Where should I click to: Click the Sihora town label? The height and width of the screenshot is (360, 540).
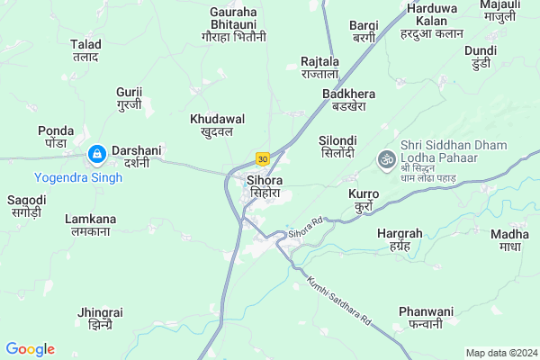click(266, 186)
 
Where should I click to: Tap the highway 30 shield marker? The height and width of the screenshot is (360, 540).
click(262, 158)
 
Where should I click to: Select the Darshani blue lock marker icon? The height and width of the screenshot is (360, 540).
click(96, 156)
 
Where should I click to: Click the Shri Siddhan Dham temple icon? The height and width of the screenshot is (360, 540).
click(386, 157)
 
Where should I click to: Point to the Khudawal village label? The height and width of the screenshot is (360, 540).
click(217, 124)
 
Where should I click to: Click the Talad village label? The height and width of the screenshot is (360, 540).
click(85, 49)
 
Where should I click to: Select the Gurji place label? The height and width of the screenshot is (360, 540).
click(130, 98)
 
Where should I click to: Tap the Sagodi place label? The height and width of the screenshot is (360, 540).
click(26, 205)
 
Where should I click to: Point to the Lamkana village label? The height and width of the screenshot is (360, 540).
click(90, 225)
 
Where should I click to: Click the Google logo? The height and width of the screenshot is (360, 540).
click(30, 349)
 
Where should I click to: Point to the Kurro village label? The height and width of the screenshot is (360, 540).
click(363, 199)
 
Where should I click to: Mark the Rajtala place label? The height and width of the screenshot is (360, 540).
click(319, 67)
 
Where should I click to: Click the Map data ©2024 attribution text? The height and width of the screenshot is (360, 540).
click(499, 352)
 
